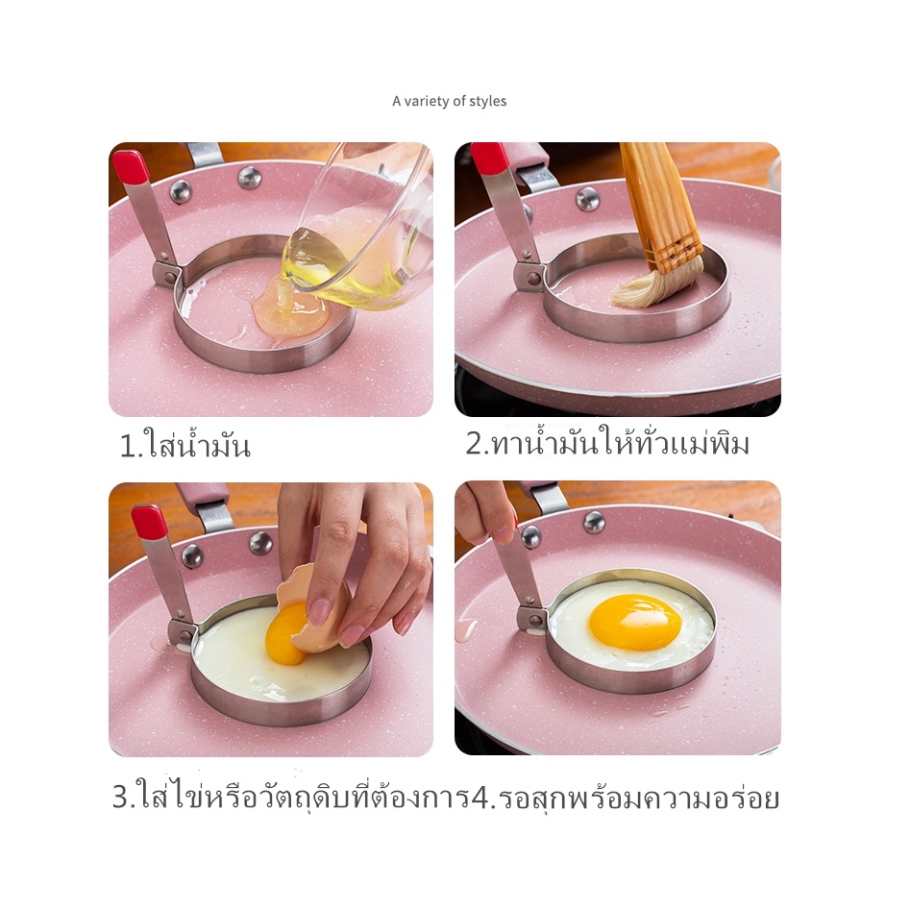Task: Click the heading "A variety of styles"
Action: click(449, 102)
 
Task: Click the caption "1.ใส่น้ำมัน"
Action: click(185, 445)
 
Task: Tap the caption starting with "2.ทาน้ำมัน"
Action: click(607, 442)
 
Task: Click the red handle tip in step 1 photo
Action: click(129, 165)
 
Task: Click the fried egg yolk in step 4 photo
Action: click(634, 622)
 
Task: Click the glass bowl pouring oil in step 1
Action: click(359, 233)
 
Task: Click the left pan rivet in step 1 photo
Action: click(180, 190)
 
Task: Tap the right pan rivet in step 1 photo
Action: click(250, 177)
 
